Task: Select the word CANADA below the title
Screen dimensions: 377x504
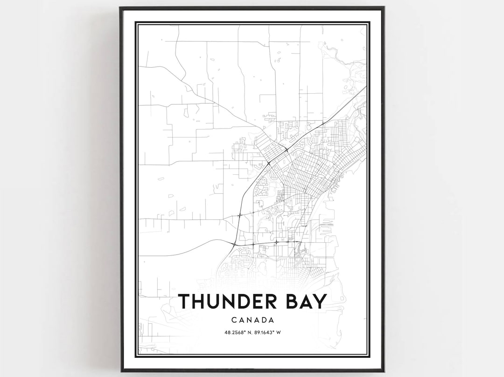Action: pyautogui.click(x=252, y=320)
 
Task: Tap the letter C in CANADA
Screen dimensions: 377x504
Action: pyautogui.click(x=233, y=320)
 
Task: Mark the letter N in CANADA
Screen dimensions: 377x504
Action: pyautogui.click(x=248, y=320)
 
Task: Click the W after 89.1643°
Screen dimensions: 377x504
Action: pyautogui.click(x=279, y=332)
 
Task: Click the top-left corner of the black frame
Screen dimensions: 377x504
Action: pyautogui.click(x=120, y=7)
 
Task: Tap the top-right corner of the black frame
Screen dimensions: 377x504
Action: pyautogui.click(x=384, y=7)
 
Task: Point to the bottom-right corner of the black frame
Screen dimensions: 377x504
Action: pyautogui.click(x=384, y=371)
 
